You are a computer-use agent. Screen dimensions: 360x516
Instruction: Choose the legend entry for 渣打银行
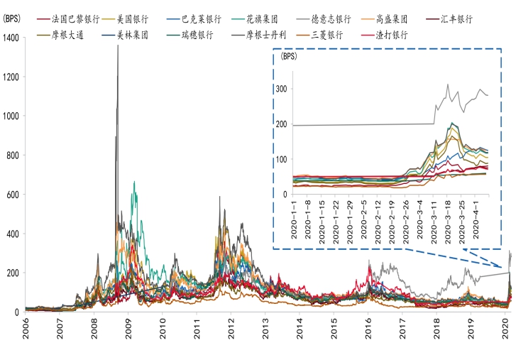392,33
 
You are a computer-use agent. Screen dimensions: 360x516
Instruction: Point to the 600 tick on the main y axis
15,194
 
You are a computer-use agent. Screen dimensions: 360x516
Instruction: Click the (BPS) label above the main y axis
13,19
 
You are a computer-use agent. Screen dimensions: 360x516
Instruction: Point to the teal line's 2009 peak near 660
134,182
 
